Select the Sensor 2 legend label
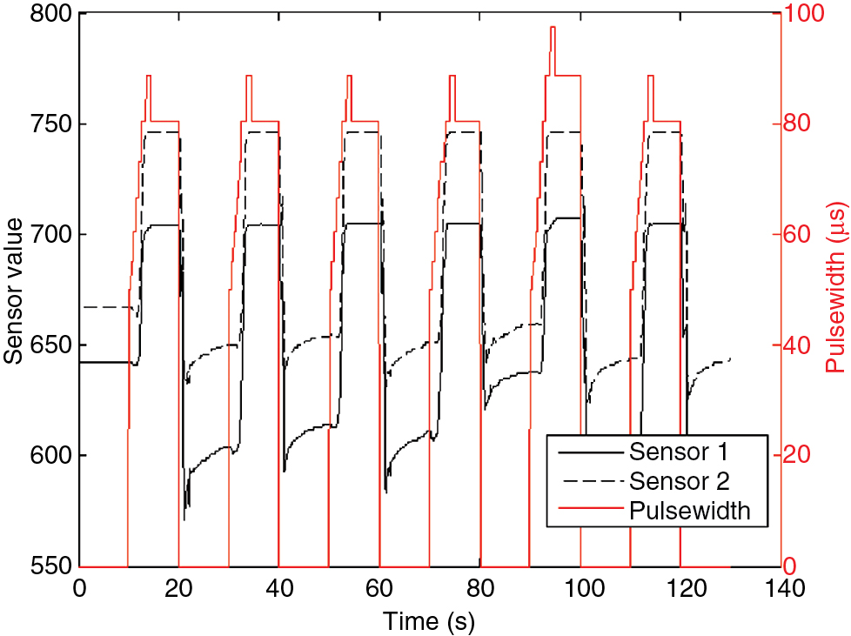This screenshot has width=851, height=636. click(678, 480)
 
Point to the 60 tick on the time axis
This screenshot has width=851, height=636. click(379, 589)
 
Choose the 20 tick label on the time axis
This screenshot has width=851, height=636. click(179, 589)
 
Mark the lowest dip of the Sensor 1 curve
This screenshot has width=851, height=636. click(184, 519)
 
